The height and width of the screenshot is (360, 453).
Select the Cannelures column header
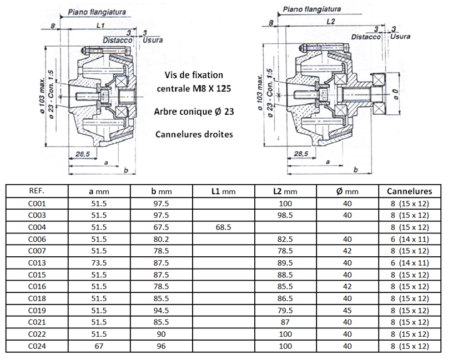[x=409, y=191]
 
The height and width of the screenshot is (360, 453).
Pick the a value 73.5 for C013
[x=98, y=263]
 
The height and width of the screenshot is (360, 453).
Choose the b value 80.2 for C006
[x=160, y=239]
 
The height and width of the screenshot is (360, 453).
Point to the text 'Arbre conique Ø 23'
[x=194, y=111]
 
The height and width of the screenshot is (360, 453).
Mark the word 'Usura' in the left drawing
[x=153, y=40]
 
